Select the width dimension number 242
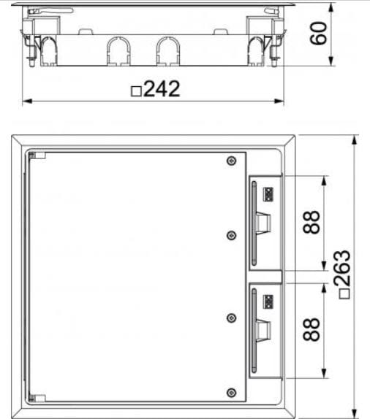coord(162,89)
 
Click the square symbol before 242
coord(135,91)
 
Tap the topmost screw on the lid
coord(231,161)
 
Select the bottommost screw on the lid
coord(231,393)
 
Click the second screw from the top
coord(231,234)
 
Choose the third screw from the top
coord(231,318)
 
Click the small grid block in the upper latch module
coord(268,194)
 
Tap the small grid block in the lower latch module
coord(268,300)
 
